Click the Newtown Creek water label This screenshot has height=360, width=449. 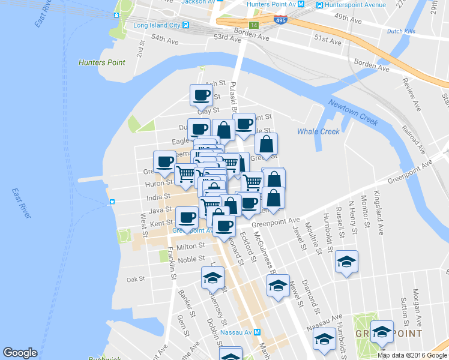pyautogui.click(x=353, y=112)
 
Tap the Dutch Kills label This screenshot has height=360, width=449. pyautogui.click(x=402, y=31)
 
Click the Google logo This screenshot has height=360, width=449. pyautogui.click(x=20, y=353)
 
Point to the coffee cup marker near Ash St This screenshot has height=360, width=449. pyautogui.click(x=201, y=95)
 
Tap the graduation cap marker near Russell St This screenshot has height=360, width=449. pyautogui.click(x=346, y=262)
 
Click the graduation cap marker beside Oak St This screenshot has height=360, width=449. pyautogui.click(x=212, y=278)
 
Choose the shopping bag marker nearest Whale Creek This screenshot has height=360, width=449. pyautogui.click(x=267, y=144)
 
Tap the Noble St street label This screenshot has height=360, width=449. pyautogui.click(x=191, y=259)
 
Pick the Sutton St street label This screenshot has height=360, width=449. pyautogui.click(x=404, y=307)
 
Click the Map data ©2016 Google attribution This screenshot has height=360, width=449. pyautogui.click(x=412, y=355)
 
